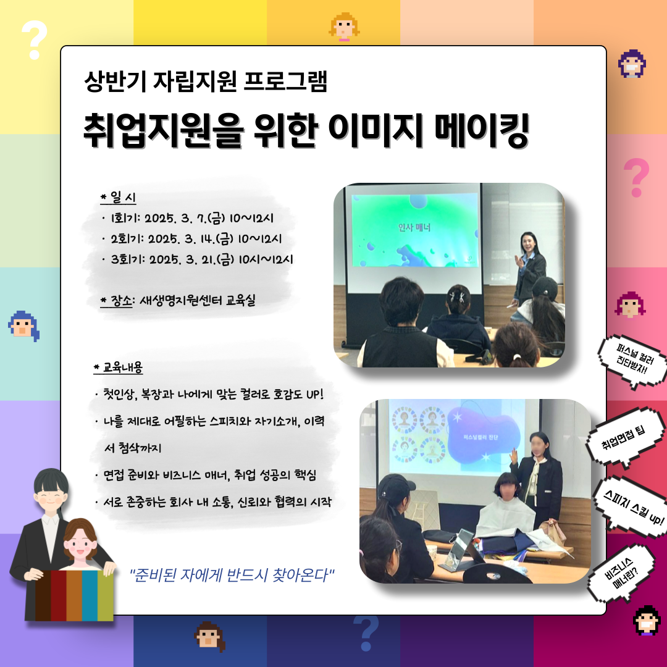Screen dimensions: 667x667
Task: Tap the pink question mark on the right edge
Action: pos(636,177)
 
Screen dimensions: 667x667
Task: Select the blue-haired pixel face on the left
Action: pos(24,326)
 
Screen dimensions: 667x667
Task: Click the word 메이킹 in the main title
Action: pos(482,130)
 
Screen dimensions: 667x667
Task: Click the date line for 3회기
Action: pos(198,259)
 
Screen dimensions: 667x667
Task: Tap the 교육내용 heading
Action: pos(118,367)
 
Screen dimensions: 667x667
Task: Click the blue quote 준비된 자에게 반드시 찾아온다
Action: pos(232,575)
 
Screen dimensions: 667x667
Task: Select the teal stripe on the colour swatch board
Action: pos(90,595)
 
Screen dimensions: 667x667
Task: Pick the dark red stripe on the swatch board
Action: pos(58,595)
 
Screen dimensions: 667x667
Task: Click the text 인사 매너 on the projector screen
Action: pos(414,227)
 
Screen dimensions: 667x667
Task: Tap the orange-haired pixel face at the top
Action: pos(344,27)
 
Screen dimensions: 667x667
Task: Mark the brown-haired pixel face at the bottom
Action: pos(209,636)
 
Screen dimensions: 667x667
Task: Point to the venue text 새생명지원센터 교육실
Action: pos(198,301)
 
